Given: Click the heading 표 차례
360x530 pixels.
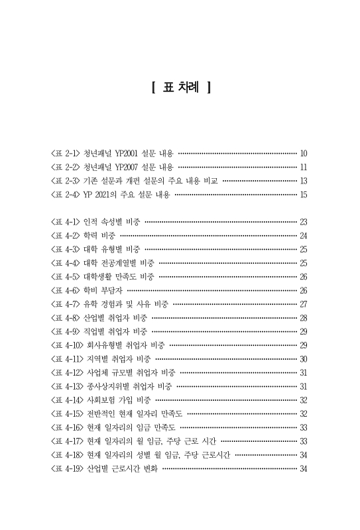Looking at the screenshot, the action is click(x=180, y=87).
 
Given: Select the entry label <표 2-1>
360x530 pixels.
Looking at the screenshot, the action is click(x=66, y=152).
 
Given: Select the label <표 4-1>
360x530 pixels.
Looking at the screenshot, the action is click(x=66, y=221).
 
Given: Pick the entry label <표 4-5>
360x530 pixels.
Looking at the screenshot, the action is click(x=66, y=276).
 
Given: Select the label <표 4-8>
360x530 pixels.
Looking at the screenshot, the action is click(x=66, y=318).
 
